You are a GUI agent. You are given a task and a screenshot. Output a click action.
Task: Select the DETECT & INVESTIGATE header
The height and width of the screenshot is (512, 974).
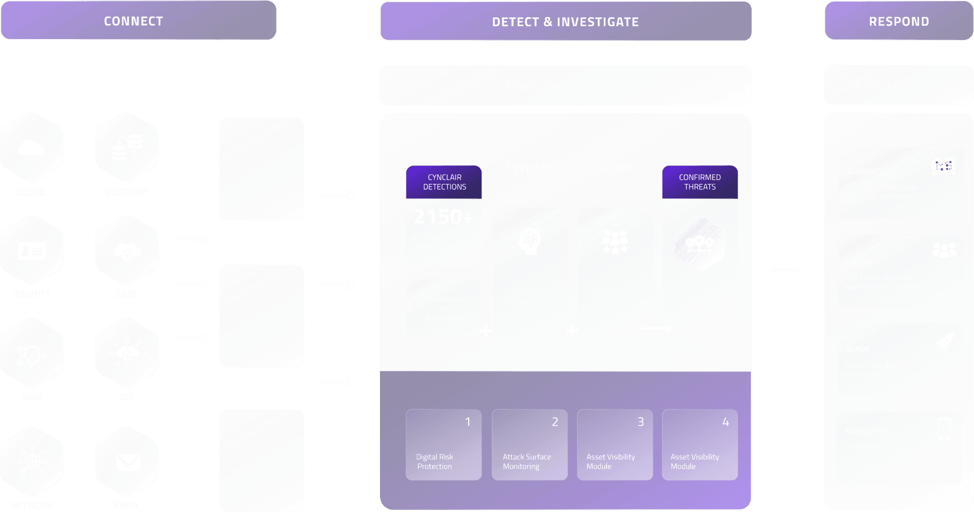pos(565,21)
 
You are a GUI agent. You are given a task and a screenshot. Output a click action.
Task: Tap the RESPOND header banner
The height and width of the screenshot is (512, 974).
pos(898,21)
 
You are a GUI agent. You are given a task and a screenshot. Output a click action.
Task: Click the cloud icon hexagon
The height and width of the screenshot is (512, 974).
pos(31,148)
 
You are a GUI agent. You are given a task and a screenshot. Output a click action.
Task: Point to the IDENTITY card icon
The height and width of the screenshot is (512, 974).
pos(31,251)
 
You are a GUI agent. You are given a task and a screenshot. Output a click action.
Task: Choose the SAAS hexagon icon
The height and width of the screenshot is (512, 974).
pos(127,251)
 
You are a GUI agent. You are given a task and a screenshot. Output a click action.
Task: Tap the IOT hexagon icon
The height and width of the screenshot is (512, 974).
pos(127,353)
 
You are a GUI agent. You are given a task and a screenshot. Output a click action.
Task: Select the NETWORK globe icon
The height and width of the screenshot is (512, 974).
pos(31,461)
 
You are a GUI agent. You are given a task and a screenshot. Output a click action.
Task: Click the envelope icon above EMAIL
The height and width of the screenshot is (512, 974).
pos(127,462)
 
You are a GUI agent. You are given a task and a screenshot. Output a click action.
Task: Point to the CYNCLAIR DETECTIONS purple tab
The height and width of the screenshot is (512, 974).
pos(444,182)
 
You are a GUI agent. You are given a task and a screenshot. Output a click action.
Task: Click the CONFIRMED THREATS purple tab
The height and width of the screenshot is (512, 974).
pos(700,182)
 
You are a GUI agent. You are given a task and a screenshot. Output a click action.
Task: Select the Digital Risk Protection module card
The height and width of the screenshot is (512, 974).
pos(443,445)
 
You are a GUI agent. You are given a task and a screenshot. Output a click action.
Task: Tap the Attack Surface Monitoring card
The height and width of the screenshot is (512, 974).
pos(529,445)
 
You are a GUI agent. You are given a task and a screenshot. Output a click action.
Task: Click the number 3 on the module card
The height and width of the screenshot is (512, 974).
pos(640,422)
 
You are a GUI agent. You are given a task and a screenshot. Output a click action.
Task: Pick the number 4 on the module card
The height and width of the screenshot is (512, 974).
pos(725,422)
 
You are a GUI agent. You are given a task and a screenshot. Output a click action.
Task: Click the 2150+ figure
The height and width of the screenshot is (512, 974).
pos(443,217)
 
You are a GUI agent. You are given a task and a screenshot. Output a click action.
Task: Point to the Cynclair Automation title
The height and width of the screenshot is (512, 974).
pos(569,167)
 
